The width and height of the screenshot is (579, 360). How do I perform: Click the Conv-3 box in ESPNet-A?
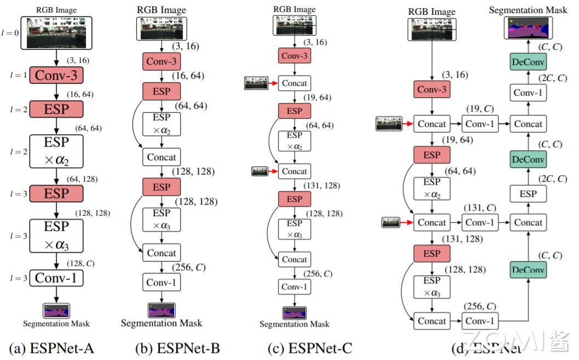[x=56, y=76]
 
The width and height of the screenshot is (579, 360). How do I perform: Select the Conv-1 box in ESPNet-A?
[x=56, y=278]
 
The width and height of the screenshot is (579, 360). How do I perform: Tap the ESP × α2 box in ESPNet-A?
[x=56, y=152]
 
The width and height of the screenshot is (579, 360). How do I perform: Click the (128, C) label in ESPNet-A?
[x=80, y=263]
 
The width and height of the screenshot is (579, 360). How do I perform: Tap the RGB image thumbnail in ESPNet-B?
[x=161, y=28]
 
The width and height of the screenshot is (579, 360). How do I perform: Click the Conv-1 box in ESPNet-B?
[x=161, y=282]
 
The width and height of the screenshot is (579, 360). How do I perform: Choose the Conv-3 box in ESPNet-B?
[x=161, y=61]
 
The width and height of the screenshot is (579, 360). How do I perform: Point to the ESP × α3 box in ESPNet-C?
[x=294, y=229]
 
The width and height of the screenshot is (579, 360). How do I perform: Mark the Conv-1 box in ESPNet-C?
[x=294, y=287]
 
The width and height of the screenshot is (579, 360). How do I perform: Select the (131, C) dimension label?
[x=480, y=208]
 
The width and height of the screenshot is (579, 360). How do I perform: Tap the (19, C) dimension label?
[x=480, y=111]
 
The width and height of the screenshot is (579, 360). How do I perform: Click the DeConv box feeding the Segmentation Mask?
[x=528, y=62]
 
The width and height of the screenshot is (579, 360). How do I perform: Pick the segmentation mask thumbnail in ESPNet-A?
[x=56, y=311]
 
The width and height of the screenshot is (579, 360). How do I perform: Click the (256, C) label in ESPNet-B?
[x=189, y=268]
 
